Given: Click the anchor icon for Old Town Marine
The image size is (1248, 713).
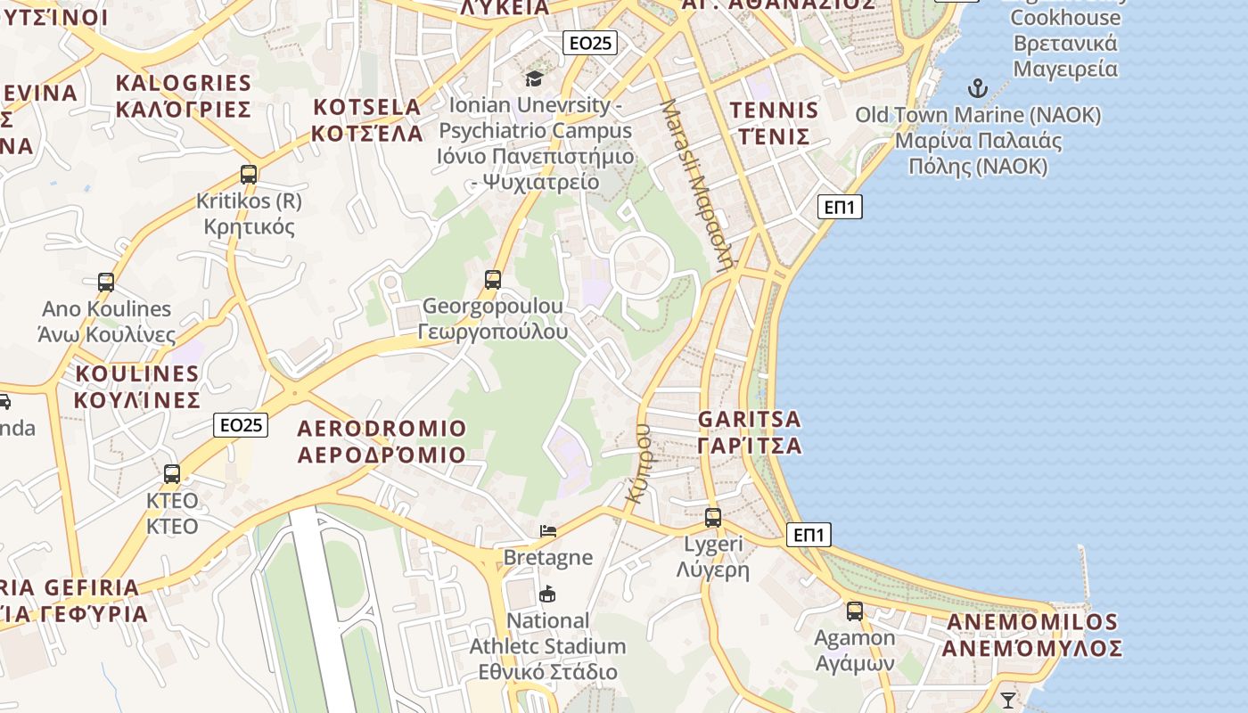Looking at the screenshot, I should (978, 88).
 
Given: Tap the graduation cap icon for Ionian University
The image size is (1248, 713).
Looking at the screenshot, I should (534, 78).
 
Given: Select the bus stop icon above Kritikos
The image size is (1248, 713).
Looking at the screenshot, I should (249, 175).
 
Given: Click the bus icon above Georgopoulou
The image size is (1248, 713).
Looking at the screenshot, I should (493, 280).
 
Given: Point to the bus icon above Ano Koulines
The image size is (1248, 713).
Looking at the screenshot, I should (106, 283).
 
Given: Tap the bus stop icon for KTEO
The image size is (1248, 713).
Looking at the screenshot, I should (172, 474).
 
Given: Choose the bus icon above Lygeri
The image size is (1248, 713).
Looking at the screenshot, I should (712, 517).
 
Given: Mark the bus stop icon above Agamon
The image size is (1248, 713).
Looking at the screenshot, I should (855, 611).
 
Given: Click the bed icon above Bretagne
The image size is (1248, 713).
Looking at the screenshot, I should (548, 531).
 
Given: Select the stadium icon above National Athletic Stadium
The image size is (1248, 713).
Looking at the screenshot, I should (547, 594).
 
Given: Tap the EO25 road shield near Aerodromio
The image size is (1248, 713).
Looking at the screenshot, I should (241, 425).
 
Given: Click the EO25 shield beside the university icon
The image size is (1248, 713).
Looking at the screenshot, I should (591, 42).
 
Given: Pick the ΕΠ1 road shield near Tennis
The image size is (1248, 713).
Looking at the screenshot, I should (840, 207).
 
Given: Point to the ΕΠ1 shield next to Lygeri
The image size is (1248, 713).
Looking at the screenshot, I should (809, 535).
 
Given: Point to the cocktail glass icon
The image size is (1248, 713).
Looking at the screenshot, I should (1007, 700).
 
